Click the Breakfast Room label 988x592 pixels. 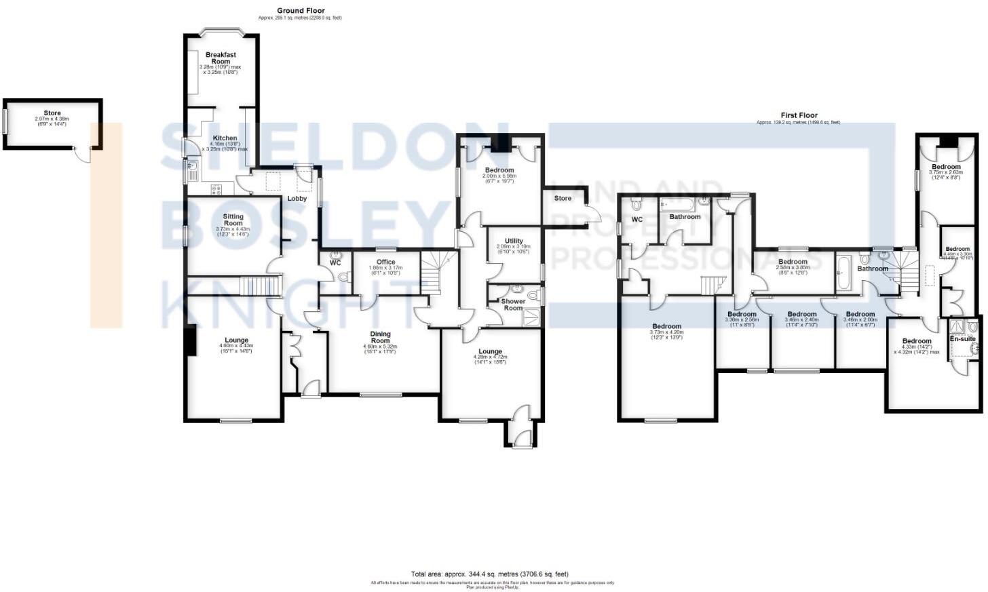221,58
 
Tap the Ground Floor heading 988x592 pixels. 301,11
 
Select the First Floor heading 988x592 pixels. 799,116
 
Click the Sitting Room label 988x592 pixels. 233,220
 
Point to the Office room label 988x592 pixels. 386,262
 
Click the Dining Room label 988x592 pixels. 380,337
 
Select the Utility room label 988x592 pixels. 514,241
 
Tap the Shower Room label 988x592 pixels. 513,304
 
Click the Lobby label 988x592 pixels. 297,199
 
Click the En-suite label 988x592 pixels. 962,338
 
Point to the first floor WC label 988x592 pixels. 636,220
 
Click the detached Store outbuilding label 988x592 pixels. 52,113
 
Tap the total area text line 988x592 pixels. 489,574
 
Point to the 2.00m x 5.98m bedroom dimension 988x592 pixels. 499,176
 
